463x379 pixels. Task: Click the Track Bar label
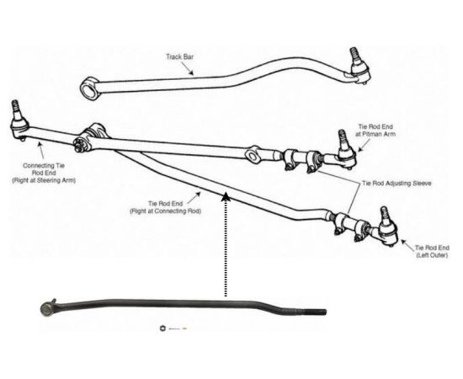179,56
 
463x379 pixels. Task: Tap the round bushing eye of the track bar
88,88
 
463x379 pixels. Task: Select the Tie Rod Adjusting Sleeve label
396,184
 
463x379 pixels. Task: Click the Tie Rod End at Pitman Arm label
375,131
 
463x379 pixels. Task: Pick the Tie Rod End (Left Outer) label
432,251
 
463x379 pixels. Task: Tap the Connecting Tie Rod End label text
44,173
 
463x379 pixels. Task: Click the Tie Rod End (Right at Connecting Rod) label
165,207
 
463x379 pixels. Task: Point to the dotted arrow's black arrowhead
226,196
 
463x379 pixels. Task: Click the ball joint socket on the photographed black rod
46,309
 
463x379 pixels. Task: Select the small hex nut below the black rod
162,328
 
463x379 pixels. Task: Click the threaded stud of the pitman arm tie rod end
342,138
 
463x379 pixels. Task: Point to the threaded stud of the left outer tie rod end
384,215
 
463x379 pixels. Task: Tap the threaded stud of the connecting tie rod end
15,109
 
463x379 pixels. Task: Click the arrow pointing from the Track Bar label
188,68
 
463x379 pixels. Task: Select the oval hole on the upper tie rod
252,156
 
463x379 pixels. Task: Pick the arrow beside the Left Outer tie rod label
407,246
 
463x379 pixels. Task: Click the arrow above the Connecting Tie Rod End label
41,151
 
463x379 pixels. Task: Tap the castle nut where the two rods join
80,145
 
